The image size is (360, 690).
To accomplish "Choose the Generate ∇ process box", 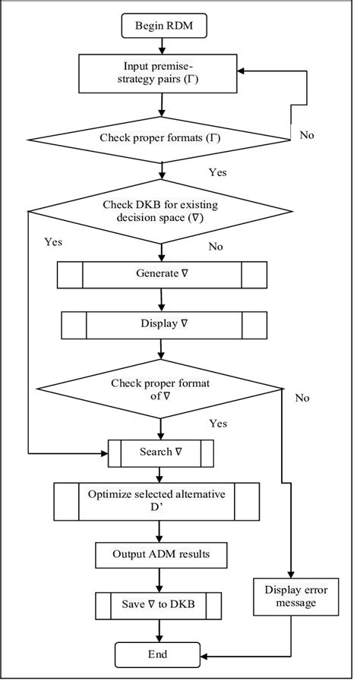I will [163, 274].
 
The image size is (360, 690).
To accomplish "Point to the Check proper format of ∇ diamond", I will [160, 389].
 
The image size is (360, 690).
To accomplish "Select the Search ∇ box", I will [160, 453].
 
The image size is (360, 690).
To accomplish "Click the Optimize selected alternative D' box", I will [157, 502].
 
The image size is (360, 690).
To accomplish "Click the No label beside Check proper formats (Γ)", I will [307, 135].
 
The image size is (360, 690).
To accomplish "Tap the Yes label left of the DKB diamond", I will [53, 242].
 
